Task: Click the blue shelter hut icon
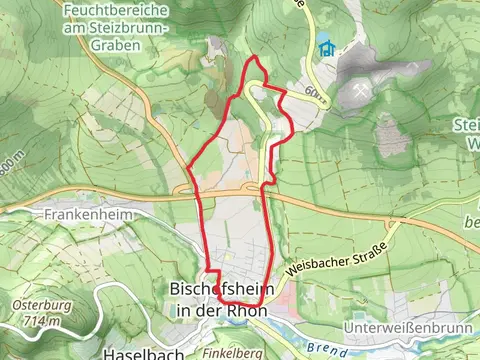325,46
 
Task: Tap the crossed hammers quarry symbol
360,91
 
